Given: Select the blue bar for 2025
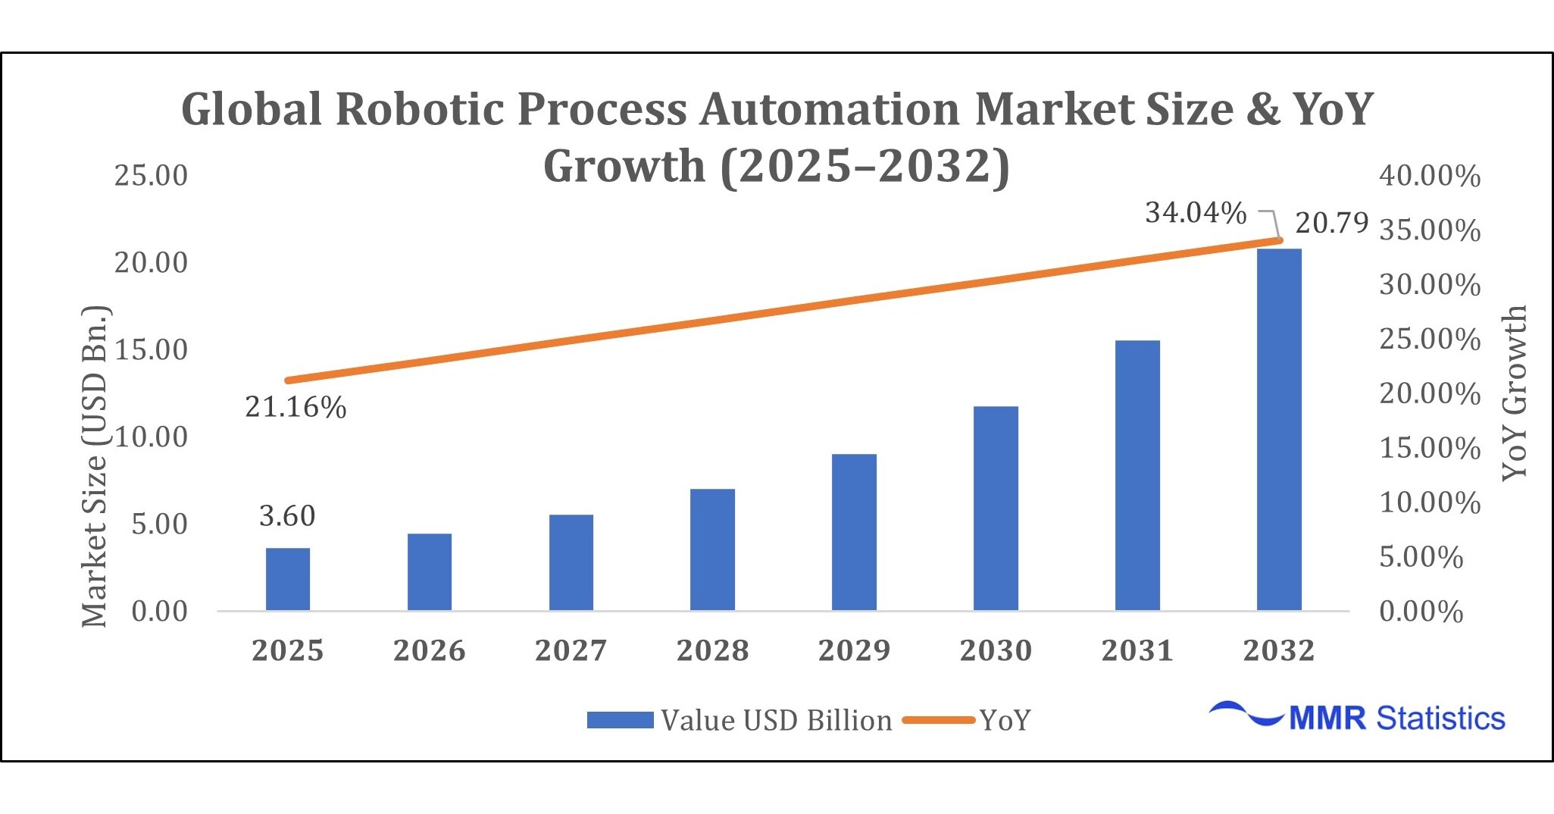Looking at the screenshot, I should click(x=287, y=579).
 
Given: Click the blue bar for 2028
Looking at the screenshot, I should click(x=712, y=549).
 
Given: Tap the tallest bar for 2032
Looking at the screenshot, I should click(x=1279, y=429).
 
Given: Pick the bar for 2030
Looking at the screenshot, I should click(x=996, y=508).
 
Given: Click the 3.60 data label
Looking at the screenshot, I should click(x=286, y=516).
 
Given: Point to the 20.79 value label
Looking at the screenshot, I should click(x=1331, y=223).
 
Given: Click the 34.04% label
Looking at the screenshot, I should click(x=1195, y=213).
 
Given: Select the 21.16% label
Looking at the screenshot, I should click(x=295, y=408).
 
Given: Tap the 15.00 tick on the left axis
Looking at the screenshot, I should click(x=151, y=349).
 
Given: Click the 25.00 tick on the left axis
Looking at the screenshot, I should click(x=151, y=175).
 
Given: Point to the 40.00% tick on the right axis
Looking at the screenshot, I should click(x=1429, y=175).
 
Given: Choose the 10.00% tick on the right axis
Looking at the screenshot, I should click(x=1429, y=502).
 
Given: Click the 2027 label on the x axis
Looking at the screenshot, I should click(x=571, y=650).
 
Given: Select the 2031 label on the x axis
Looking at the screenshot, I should click(x=1137, y=650).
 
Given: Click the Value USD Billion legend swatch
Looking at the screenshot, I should click(x=620, y=720).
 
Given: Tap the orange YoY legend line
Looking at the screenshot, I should click(x=938, y=720).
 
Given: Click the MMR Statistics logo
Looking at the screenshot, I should click(x=1356, y=717).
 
